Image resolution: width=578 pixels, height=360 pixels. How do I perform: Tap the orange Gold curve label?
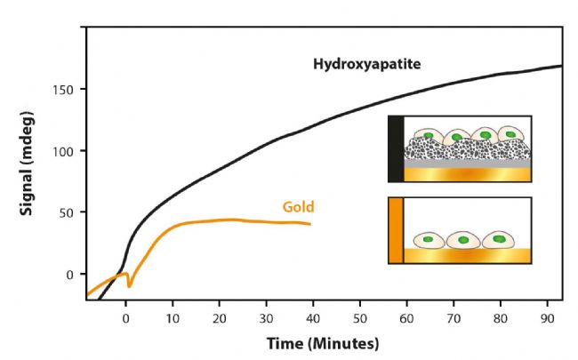pyautogui.click(x=298, y=207)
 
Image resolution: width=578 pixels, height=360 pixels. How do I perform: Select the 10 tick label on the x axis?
pyautogui.click(x=172, y=318)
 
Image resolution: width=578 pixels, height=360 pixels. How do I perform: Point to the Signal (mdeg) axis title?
pyautogui.click(x=28, y=164)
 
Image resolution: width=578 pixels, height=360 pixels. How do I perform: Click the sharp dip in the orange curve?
pyautogui.click(x=129, y=286)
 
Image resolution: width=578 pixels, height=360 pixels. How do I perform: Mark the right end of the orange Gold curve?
pyautogui.click(x=311, y=224)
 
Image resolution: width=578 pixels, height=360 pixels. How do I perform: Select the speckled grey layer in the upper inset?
pyautogui.click(x=467, y=153)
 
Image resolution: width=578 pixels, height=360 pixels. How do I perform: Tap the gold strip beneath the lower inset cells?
pyautogui.click(x=467, y=256)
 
